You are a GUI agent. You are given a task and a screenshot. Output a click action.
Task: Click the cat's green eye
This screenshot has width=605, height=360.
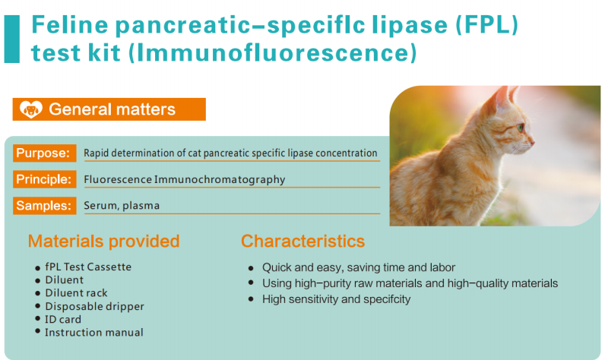pyautogui.click(x=521, y=127)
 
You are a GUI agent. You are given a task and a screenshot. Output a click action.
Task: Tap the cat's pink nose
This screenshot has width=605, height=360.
pyautogui.click(x=533, y=143)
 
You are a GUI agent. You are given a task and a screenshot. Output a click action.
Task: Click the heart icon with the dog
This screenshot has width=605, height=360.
pyautogui.click(x=31, y=109)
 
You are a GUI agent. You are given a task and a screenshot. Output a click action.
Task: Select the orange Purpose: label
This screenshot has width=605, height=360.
pyautogui.click(x=44, y=153)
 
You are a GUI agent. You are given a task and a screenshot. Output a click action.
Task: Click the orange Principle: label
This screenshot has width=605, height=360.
pyautogui.click(x=44, y=179)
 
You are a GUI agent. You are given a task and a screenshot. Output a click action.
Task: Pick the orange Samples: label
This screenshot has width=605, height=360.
pyautogui.click(x=44, y=205)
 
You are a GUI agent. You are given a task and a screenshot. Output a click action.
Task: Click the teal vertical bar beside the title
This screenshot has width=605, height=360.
pyautogui.click(x=12, y=39)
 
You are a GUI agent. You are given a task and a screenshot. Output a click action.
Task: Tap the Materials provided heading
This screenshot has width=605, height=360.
pyautogui.click(x=104, y=242)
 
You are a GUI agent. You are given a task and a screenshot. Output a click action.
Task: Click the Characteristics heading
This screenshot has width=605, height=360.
pyautogui.click(x=303, y=242)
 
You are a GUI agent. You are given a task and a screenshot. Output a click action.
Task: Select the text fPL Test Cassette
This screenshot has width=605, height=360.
pyautogui.click(x=88, y=267)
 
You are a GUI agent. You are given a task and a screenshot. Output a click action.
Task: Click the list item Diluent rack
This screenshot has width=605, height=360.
pyautogui.click(x=77, y=293)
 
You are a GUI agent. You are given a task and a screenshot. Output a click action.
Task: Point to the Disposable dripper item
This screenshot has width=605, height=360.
pyautogui.click(x=94, y=306)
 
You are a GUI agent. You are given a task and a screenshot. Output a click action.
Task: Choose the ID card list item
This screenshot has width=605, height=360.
pyautogui.click(x=63, y=319)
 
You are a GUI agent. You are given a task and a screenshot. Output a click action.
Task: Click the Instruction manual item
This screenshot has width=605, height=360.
pyautogui.click(x=94, y=332)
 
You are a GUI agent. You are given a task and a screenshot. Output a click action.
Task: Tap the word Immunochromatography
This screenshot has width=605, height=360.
pyautogui.click(x=220, y=179)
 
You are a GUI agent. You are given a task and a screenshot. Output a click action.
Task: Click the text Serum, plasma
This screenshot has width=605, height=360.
pyautogui.click(x=122, y=205)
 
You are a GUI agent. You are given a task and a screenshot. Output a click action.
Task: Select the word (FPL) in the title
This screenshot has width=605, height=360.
pyautogui.click(x=487, y=24)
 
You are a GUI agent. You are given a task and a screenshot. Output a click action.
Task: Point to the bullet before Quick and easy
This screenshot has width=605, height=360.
pyautogui.click(x=251, y=267)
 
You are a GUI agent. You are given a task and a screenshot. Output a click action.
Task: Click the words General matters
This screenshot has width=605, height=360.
pyautogui.click(x=112, y=109)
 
